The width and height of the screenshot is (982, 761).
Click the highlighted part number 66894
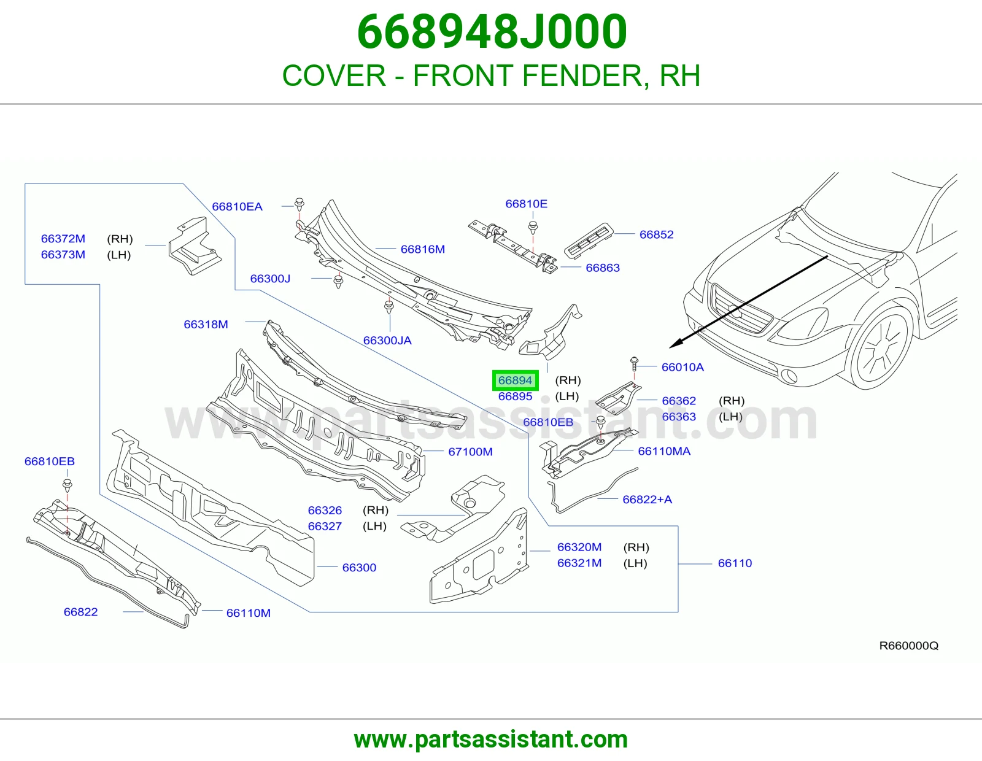click(515, 381)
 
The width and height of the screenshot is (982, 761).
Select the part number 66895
click(515, 396)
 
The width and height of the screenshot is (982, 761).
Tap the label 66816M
click(422, 249)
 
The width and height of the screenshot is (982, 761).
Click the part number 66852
click(656, 234)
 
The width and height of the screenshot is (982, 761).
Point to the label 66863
click(603, 268)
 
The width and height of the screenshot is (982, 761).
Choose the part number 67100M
click(470, 452)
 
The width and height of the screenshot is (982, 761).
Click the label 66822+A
click(647, 500)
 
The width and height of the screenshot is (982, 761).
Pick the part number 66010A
click(682, 367)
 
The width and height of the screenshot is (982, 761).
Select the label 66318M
click(206, 325)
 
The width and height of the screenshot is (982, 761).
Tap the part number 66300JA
click(387, 340)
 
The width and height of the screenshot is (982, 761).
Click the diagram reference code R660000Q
click(909, 646)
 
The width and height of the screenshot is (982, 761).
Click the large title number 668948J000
click(492, 31)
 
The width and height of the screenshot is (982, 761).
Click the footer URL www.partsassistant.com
click(491, 740)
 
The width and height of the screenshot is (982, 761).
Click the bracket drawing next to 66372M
click(195, 246)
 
